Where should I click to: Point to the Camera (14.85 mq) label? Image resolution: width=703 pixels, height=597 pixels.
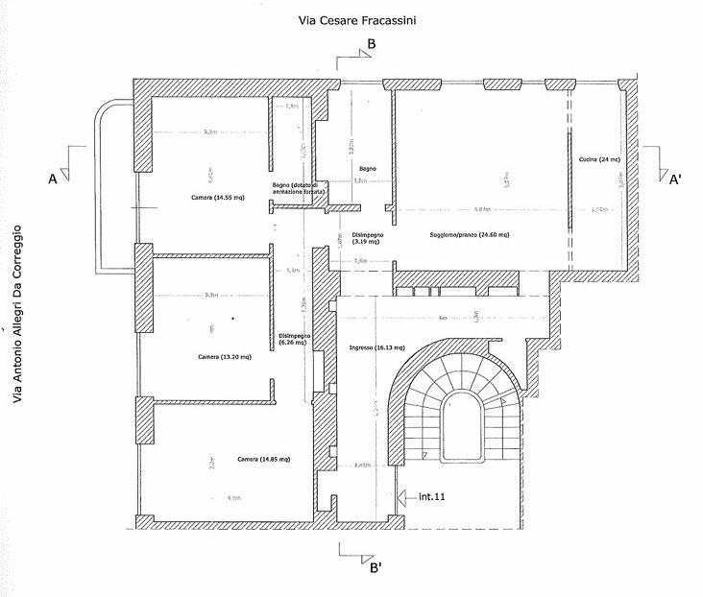click(x=263, y=459)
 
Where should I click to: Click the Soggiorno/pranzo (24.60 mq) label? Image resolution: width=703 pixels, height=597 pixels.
click(x=470, y=234)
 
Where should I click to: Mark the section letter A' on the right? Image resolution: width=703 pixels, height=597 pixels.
click(x=676, y=179)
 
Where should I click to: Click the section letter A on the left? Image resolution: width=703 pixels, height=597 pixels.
click(x=54, y=179)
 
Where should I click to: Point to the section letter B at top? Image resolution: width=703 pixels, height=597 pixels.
click(x=372, y=44)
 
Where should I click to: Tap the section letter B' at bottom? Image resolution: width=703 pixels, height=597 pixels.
click(x=376, y=567)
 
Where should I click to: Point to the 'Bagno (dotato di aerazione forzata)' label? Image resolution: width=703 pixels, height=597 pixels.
click(x=300, y=188)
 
